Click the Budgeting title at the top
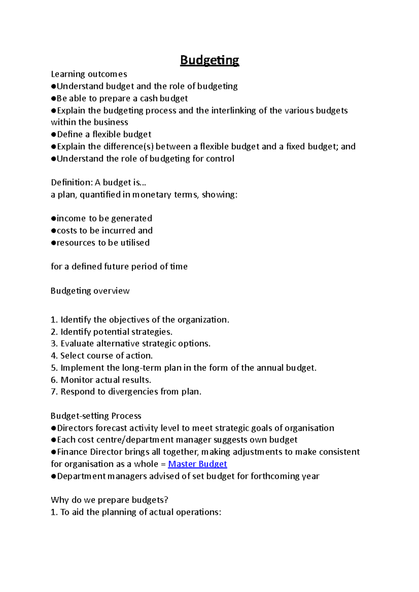pos(209,60)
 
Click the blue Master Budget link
pos(197,464)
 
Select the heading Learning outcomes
pos(89,74)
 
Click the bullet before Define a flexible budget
pos(53,135)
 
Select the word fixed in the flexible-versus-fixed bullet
pos(296,146)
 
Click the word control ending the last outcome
pos(220,159)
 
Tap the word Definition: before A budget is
pos(72,183)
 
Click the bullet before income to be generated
pos(53,219)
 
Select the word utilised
pos(135,243)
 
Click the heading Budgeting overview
pos(90,291)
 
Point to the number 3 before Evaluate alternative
pos(53,344)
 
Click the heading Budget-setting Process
pos(96,416)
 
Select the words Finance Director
pos(89,452)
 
